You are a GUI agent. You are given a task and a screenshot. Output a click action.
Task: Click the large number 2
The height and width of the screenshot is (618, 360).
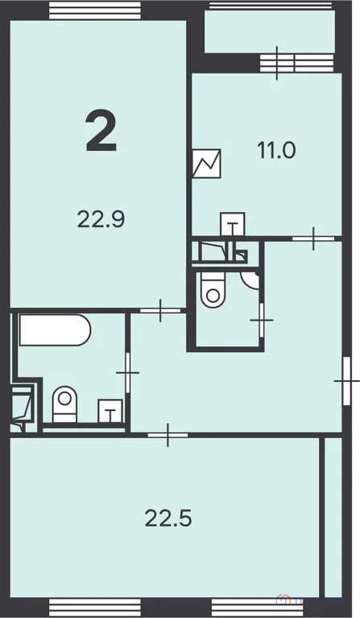(x=101, y=132)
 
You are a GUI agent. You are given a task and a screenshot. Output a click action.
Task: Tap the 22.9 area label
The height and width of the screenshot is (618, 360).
(x=101, y=218)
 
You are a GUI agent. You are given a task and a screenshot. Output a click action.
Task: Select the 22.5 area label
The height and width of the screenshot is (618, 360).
(x=168, y=518)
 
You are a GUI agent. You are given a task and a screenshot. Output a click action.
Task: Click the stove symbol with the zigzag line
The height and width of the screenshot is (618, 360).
(x=207, y=163)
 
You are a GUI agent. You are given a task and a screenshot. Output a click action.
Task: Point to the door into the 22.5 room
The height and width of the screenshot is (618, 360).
(x=168, y=435)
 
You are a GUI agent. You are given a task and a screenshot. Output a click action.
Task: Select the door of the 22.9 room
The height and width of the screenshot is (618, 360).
(x=160, y=310)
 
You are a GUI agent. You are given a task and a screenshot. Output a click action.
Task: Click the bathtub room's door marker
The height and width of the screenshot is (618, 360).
(x=127, y=372)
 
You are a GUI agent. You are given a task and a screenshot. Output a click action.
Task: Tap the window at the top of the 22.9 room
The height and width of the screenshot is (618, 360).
(x=91, y=10)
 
